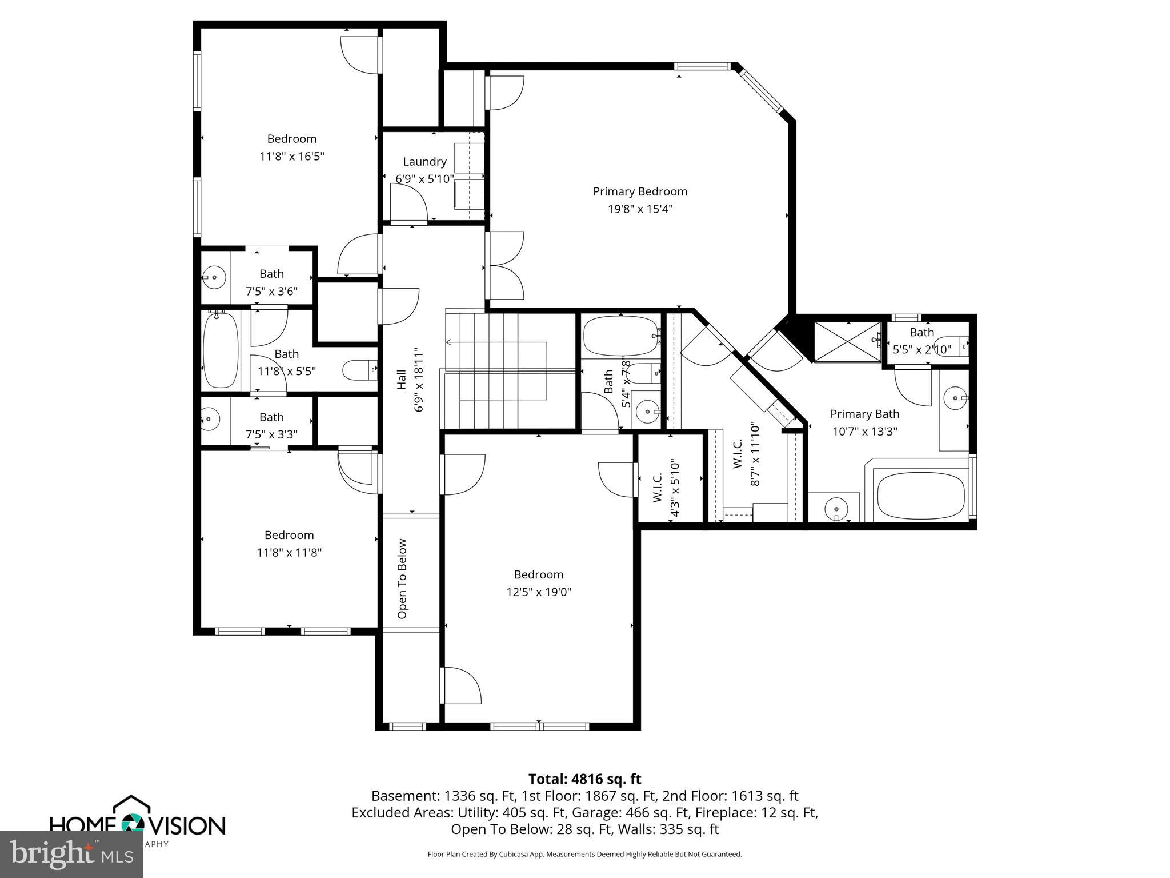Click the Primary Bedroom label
click(640, 191)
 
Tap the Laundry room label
click(424, 162)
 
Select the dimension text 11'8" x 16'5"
click(292, 156)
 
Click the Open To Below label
click(402, 578)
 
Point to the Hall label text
click(402, 380)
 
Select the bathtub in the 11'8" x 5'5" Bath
click(221, 350)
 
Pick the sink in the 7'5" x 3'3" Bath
click(210, 419)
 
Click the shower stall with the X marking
click(847, 342)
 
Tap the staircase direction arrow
click(449, 342)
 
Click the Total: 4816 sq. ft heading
click(584, 779)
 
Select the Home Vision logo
click(137, 821)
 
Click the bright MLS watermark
click(71, 854)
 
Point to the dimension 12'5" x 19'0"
click(539, 592)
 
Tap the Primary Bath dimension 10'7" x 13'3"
click(864, 431)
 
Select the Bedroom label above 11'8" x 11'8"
click(289, 535)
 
